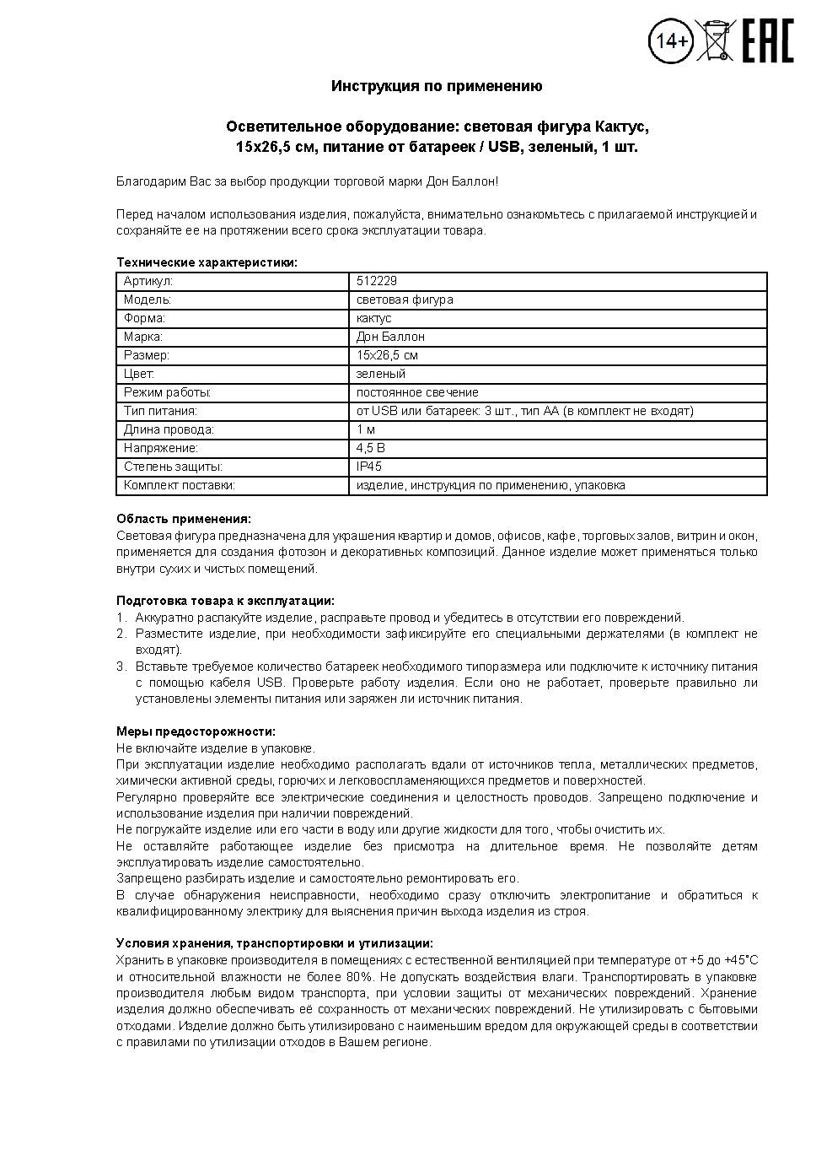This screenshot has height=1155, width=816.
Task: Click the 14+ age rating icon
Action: tap(671, 40)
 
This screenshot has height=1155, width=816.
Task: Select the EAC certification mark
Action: tap(768, 40)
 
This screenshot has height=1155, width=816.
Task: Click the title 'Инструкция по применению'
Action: tap(437, 86)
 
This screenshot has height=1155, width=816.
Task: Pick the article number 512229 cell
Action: tap(377, 281)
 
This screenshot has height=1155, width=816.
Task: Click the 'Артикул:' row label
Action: tap(148, 281)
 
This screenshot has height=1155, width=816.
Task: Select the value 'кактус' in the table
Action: tap(374, 318)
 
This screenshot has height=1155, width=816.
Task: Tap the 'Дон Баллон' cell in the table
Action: tap(390, 337)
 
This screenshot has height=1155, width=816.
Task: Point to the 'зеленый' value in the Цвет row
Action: tap(381, 374)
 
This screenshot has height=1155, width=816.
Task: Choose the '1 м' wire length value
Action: tap(366, 429)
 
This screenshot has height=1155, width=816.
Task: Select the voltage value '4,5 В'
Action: tap(371, 448)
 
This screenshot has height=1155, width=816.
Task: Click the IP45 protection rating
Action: tap(369, 467)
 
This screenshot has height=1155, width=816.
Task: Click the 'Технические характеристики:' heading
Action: tap(207, 262)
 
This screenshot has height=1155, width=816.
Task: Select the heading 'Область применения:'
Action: tap(184, 519)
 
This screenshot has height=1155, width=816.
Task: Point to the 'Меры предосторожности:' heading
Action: tap(196, 731)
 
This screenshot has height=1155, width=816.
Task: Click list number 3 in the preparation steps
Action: tap(121, 667)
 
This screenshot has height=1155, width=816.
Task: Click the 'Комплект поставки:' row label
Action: tap(179, 485)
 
